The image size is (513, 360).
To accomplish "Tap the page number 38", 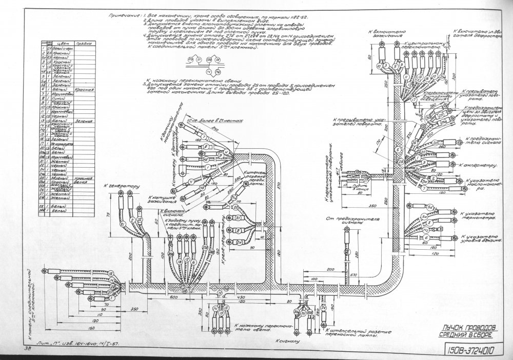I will (x=26, y=348).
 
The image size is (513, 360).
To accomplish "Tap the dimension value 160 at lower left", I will (x=77, y=327).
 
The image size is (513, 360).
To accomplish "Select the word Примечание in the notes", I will (x=125, y=16).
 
